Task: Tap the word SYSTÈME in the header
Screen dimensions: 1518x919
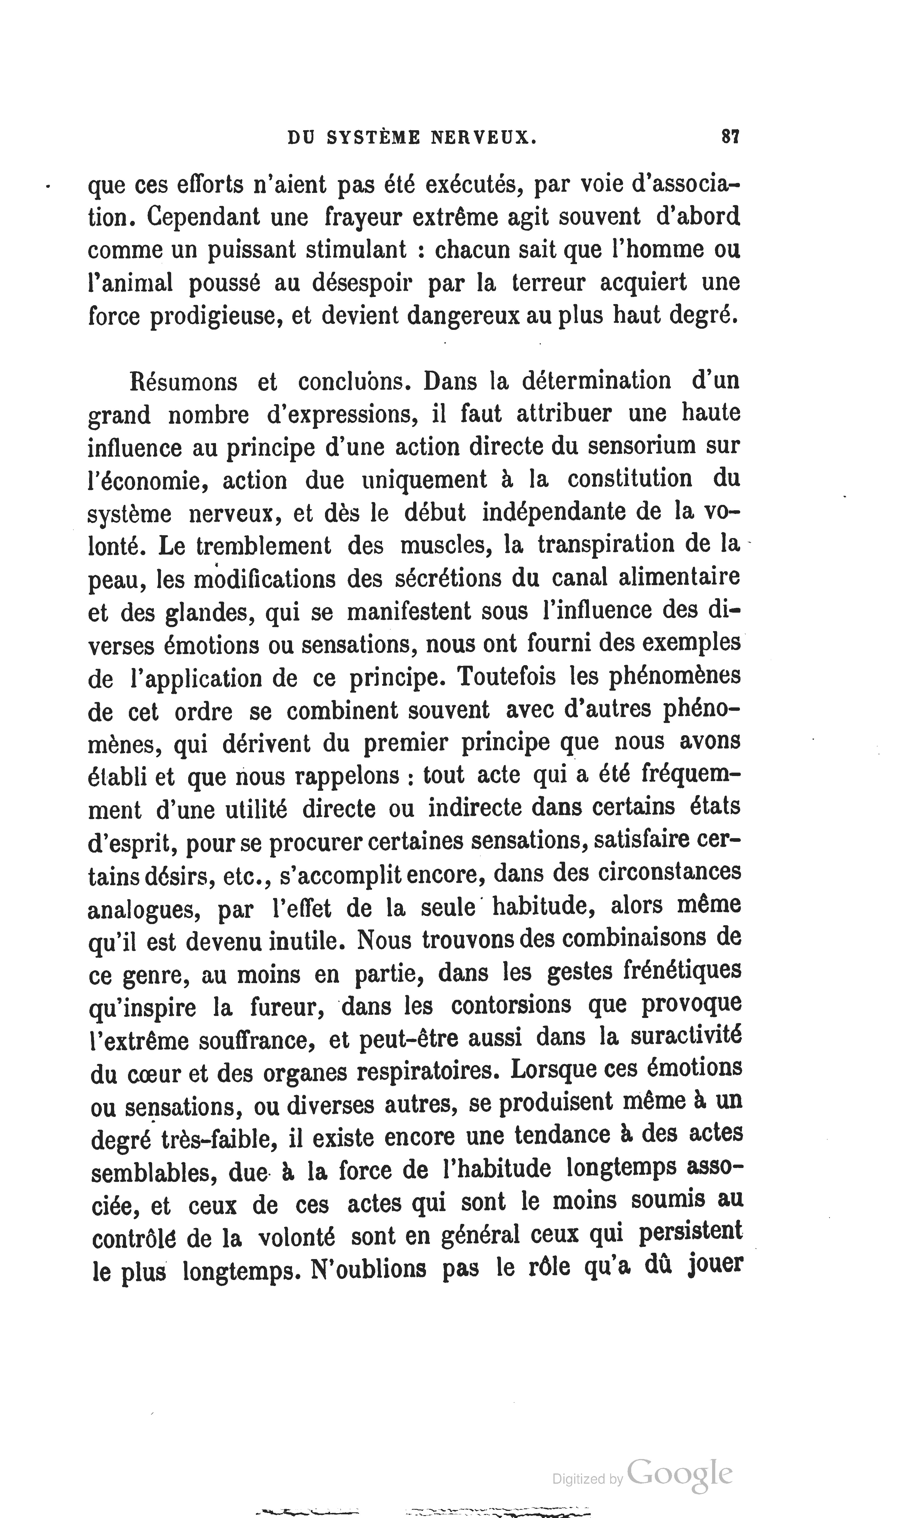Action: pyautogui.click(x=373, y=137)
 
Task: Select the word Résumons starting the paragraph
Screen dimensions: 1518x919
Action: pyautogui.click(x=183, y=381)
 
